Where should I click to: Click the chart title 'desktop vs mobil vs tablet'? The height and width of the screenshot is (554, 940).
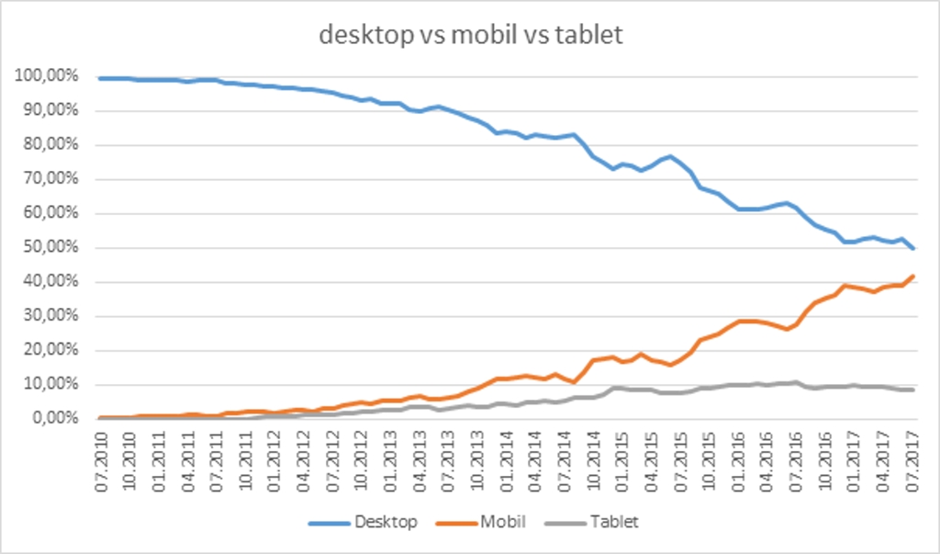pos(471,35)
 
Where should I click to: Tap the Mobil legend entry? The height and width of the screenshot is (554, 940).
pos(502,522)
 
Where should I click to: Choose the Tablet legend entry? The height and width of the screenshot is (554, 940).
pos(613,522)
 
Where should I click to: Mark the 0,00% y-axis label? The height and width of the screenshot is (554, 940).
pos(52,419)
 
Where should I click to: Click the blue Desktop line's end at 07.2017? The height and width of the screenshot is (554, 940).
pos(913,249)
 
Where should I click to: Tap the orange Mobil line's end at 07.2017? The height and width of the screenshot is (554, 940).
pos(913,276)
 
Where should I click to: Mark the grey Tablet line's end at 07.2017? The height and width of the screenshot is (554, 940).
pos(913,390)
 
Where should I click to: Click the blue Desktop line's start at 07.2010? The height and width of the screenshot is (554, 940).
pos(101,78)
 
